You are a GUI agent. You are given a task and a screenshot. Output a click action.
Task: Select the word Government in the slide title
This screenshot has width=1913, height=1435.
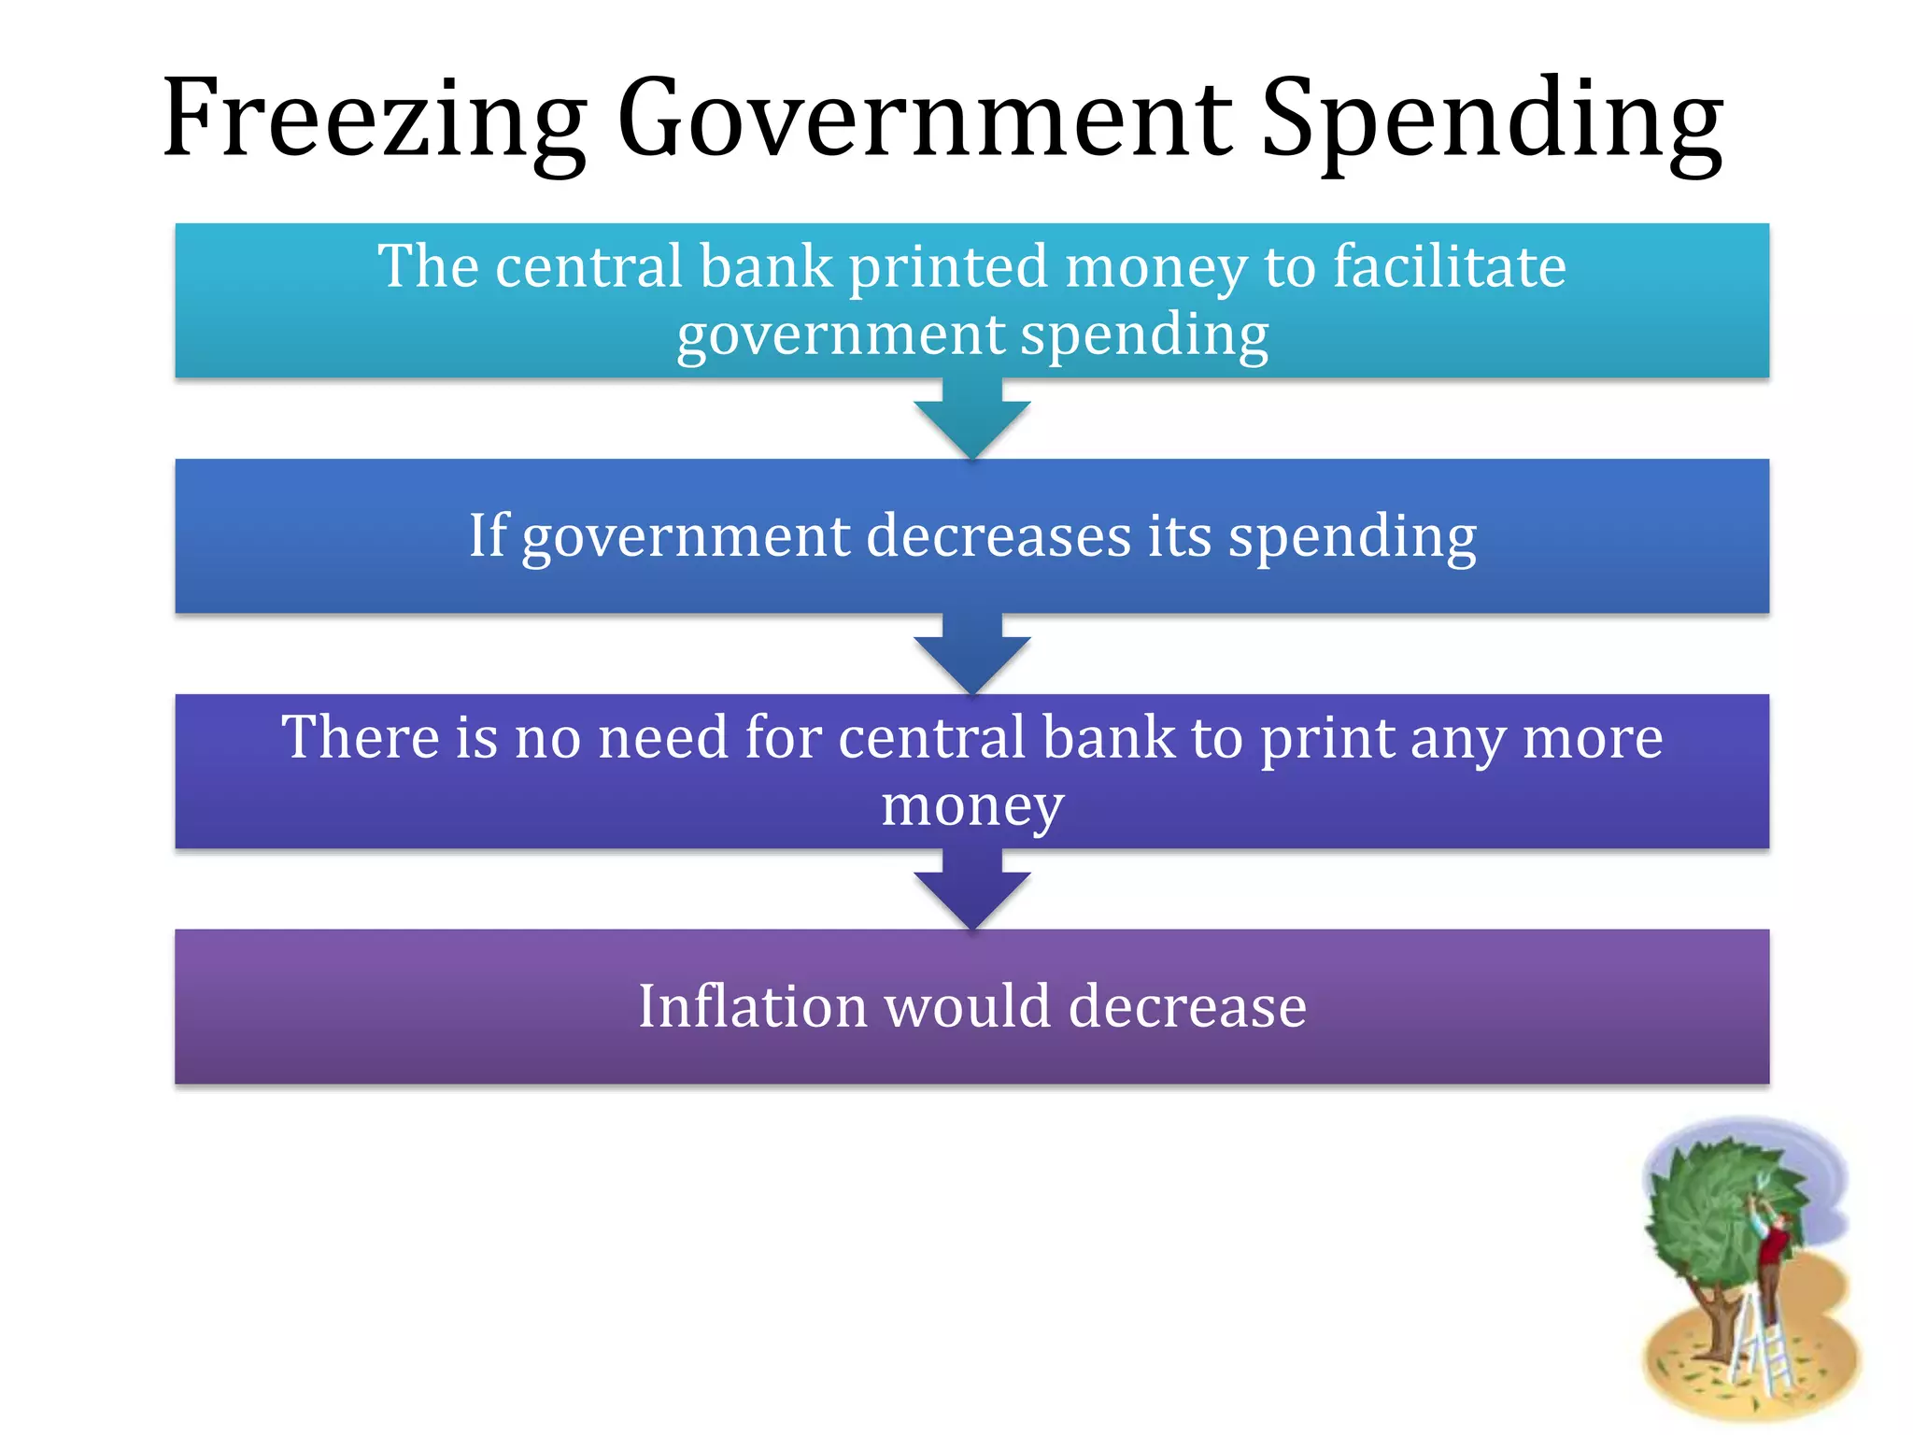point(925,119)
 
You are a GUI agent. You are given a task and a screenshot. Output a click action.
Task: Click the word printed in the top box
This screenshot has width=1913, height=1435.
point(948,267)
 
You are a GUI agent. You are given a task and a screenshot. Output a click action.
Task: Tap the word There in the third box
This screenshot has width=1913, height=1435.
point(360,737)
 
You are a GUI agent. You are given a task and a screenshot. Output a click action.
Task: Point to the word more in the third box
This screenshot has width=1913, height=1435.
point(1593,738)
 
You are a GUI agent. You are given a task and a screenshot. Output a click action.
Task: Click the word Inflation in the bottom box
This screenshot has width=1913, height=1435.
point(752,1006)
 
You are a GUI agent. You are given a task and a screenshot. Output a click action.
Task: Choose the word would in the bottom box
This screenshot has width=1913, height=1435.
point(968,1006)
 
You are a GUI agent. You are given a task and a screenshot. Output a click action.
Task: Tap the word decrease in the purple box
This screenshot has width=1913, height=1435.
point(1187,1006)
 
